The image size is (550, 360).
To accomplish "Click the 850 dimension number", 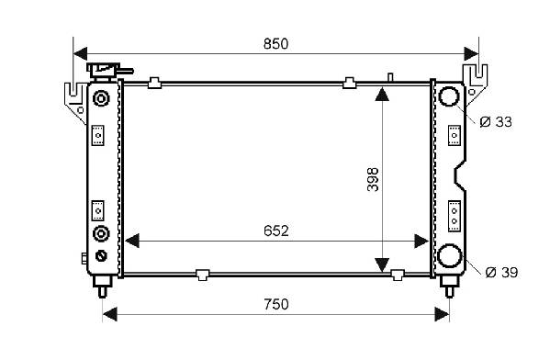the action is (x=275, y=44).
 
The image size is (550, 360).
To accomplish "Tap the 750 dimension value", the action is (x=276, y=304).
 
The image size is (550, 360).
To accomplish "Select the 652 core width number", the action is (x=276, y=231).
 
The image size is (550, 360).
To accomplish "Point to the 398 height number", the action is (x=373, y=180).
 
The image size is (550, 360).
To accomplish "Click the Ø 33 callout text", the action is (x=496, y=122).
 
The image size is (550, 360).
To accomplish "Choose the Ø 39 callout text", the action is (x=501, y=272).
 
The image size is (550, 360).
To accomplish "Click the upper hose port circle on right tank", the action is (x=449, y=96).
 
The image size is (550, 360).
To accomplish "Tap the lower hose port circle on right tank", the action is (x=449, y=255).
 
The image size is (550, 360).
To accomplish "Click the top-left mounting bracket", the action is (x=75, y=102).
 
